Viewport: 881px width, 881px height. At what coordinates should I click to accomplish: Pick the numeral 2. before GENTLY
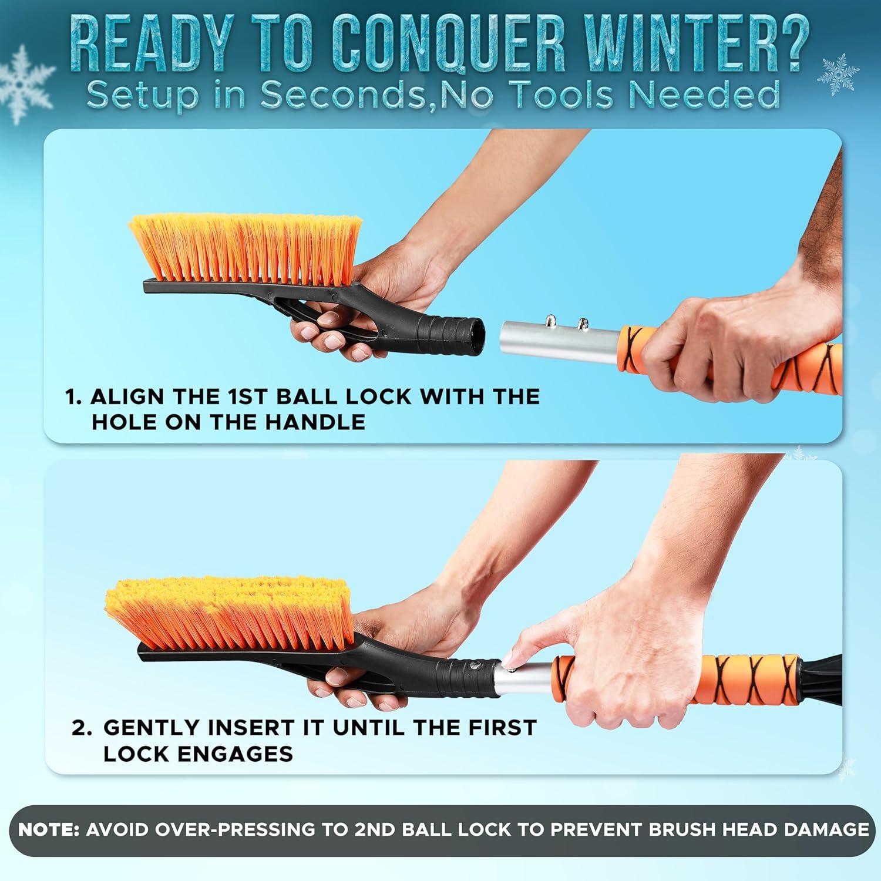coord(82,728)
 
